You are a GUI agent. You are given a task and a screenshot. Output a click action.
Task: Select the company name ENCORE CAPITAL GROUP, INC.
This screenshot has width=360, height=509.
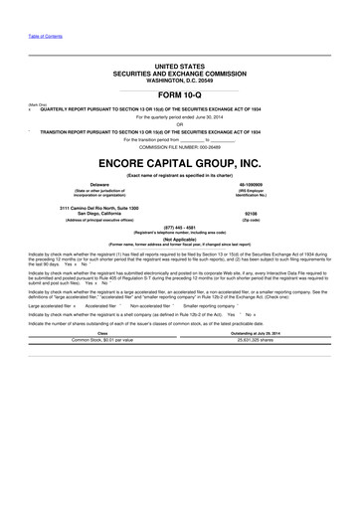click(180, 161)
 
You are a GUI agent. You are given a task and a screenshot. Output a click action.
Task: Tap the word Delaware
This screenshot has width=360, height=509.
click(100, 184)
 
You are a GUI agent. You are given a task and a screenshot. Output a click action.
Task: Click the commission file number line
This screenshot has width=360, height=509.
click(180, 147)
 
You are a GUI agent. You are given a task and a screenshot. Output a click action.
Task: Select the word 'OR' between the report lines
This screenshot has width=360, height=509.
click(180, 124)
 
